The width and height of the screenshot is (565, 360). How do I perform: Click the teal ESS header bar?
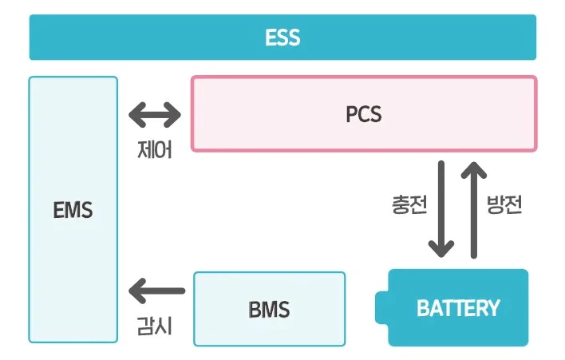[160, 38]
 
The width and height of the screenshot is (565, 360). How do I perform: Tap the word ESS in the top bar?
[282, 38]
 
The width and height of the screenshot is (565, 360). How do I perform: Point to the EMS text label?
[73, 211]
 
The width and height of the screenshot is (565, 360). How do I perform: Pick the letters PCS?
[363, 114]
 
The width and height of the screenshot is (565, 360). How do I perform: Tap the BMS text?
[269, 308]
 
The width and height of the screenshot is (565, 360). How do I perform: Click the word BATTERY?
[458, 308]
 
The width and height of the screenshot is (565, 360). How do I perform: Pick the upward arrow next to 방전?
[473, 209]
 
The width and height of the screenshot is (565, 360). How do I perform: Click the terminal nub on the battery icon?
[382, 308]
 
